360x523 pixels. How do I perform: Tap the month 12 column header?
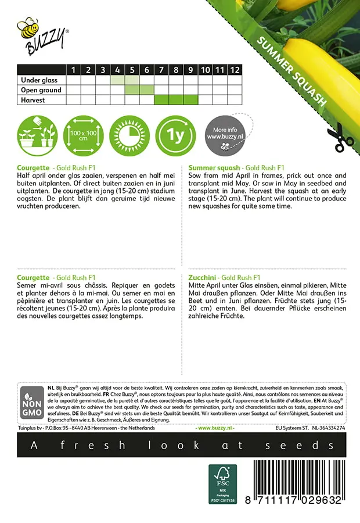tap(234, 70)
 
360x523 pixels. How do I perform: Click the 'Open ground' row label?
tap(41, 90)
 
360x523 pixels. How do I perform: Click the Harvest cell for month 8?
tap(176, 100)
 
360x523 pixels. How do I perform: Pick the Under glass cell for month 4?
tap(117, 80)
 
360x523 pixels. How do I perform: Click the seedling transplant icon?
tap(36, 137)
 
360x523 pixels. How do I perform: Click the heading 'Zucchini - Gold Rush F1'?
tap(225, 278)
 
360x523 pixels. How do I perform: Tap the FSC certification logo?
tap(223, 483)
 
